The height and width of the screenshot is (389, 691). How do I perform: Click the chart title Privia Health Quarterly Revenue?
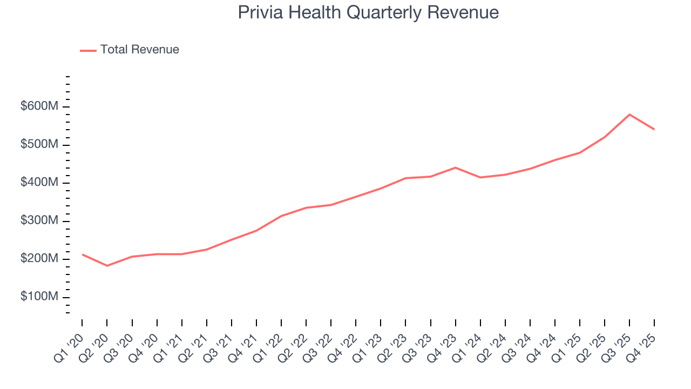pos(368,12)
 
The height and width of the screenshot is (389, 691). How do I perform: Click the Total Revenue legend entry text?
pos(139,50)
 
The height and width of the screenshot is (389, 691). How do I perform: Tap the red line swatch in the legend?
pos(88,50)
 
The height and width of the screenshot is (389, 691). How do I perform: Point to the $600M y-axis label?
pos(39,107)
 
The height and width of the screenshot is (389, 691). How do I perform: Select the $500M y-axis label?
pos(39,145)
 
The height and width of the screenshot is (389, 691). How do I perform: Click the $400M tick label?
pos(39,183)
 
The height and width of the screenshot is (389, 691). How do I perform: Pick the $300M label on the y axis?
pos(39,221)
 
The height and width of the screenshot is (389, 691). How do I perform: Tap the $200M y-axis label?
pos(39,259)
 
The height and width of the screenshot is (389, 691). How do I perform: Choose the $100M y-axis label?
pos(39,297)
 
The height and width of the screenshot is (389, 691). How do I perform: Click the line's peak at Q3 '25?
pos(629,115)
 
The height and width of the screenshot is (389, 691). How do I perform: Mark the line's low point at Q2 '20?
pos(107,266)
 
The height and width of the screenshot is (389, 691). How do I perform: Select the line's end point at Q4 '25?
pos(654,129)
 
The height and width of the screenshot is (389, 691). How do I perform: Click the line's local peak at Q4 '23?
pos(455,167)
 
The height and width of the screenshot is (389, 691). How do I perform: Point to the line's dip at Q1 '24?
pos(480,177)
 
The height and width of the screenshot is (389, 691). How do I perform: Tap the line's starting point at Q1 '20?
pos(82,254)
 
